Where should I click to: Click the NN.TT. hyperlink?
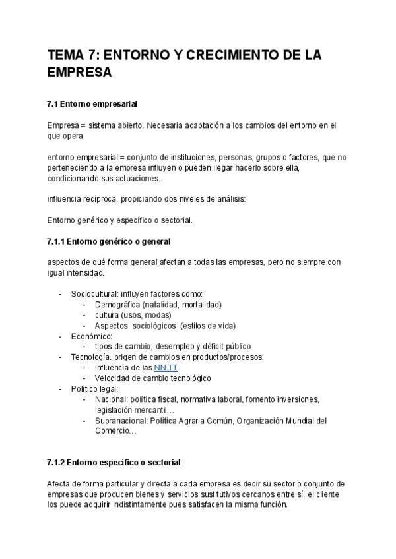(x=166, y=367)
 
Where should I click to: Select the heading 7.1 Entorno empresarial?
(x=92, y=104)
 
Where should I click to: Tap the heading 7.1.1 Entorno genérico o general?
(x=109, y=241)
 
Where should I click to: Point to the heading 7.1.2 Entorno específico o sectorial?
(x=114, y=462)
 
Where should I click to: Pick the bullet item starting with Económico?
(x=92, y=336)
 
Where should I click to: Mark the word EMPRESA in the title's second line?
(x=80, y=73)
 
